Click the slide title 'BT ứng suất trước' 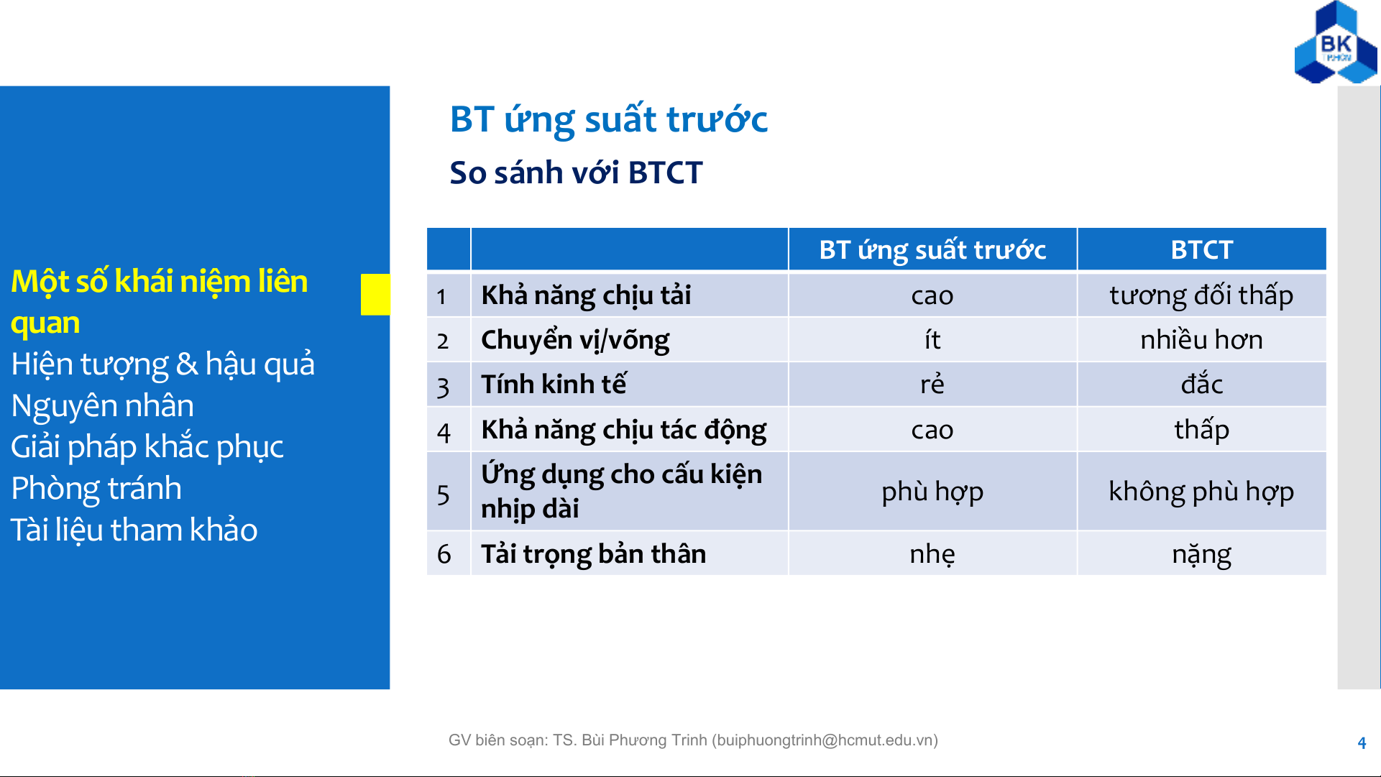click(x=608, y=120)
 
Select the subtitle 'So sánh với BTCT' click(x=576, y=173)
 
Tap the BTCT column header click(x=1201, y=249)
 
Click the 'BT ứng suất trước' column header click(x=932, y=250)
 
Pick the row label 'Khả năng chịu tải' click(x=586, y=295)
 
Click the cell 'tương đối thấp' click(x=1201, y=295)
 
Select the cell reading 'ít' click(x=932, y=339)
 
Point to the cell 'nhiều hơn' click(x=1201, y=339)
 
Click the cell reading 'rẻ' click(x=932, y=384)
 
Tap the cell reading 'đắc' click(x=1201, y=384)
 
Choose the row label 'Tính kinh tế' click(x=554, y=384)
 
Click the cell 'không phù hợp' click(x=1201, y=492)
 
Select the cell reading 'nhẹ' click(x=932, y=554)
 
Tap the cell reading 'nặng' click(x=1201, y=555)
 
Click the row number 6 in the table click(x=444, y=554)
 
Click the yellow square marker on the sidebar click(x=375, y=294)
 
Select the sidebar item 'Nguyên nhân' click(x=103, y=405)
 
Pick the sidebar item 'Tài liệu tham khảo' click(x=134, y=530)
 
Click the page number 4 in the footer click(x=1362, y=743)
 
